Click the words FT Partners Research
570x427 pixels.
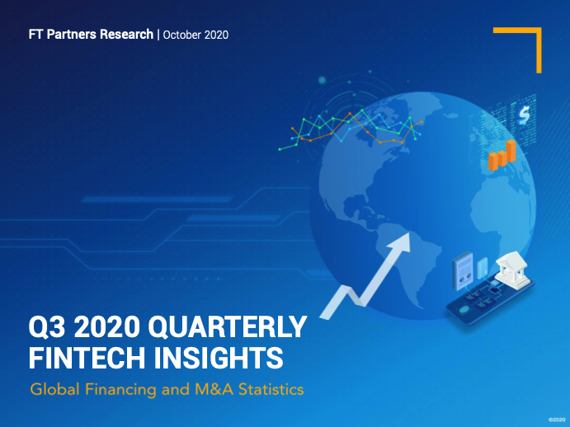(91, 34)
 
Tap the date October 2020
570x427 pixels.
(195, 35)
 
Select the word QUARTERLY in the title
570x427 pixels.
(228, 326)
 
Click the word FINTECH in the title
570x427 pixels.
(87, 357)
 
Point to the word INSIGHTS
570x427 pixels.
(219, 357)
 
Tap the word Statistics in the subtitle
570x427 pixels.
(271, 390)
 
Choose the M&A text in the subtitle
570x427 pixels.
(214, 390)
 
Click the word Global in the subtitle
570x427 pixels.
(55, 390)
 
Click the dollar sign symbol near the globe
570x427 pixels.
(524, 115)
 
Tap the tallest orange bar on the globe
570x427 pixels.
(511, 151)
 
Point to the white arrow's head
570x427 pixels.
(401, 242)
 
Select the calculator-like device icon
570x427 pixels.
(463, 270)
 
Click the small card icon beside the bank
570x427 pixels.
(482, 267)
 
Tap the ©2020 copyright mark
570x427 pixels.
(557, 420)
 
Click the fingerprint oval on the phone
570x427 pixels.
(464, 310)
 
